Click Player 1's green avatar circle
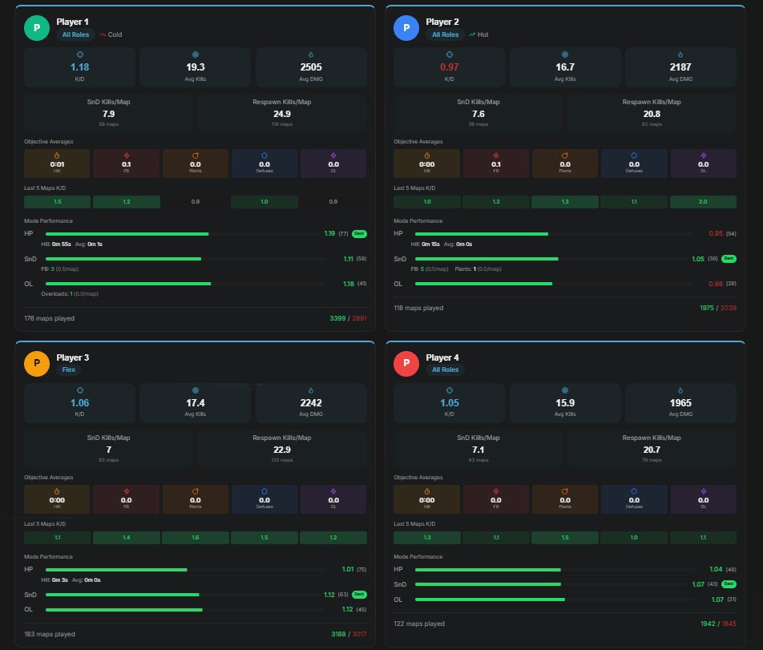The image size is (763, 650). [x=36, y=28]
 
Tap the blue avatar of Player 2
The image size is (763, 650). [x=406, y=28]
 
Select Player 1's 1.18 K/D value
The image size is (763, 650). [x=79, y=67]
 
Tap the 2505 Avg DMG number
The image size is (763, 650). [x=311, y=67]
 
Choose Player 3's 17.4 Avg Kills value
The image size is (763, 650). [x=195, y=402]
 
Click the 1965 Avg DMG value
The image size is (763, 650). [x=680, y=402]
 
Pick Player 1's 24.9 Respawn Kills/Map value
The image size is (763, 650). [x=281, y=114]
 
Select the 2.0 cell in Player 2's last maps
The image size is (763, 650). [x=702, y=202]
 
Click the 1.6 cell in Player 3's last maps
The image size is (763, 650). [x=195, y=538]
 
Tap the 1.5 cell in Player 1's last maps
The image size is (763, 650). [x=57, y=202]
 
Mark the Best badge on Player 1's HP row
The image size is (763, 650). [x=359, y=234]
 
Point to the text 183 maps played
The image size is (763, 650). [x=50, y=634]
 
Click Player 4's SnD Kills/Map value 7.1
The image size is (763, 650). [x=478, y=450]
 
